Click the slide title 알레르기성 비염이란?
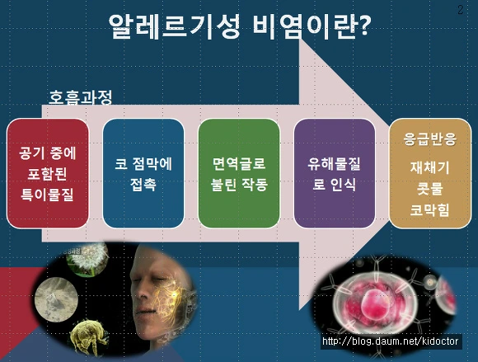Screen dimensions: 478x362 pos(240,26)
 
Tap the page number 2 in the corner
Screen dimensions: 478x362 pos(461,10)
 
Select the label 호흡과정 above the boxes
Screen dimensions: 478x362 pos(81,97)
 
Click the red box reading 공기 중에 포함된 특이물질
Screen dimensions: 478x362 pos(48,173)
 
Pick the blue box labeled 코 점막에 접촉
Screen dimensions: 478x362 pos(143,173)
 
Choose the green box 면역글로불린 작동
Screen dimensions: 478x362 pos(239,173)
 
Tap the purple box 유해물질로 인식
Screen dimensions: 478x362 pos(335,173)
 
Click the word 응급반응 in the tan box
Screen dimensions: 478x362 pos(430,139)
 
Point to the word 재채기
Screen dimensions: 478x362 pos(430,167)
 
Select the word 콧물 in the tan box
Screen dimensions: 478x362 pos(430,189)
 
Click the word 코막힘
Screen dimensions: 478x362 pos(430,209)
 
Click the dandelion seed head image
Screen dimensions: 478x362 pos(87,259)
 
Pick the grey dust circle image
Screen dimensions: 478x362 pos(56,299)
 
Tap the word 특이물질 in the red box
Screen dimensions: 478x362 pos(47,195)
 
